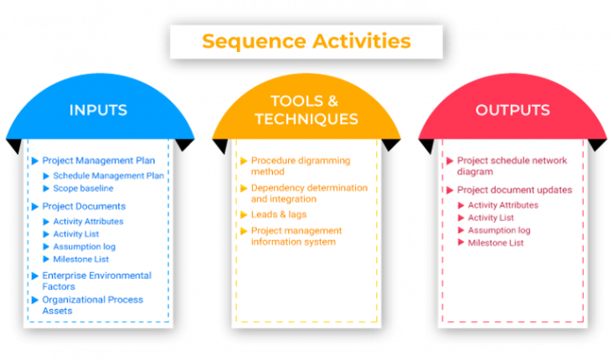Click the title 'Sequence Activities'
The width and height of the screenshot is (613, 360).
[x=306, y=41]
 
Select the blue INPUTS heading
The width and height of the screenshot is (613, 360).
[x=98, y=110]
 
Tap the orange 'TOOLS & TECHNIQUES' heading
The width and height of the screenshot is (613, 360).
[x=306, y=110]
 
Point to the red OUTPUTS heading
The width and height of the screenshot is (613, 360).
[x=513, y=110]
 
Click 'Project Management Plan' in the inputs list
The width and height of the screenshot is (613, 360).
[x=98, y=161]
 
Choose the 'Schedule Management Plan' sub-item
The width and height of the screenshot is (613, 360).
[x=108, y=175]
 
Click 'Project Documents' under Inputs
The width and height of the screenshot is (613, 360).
[x=84, y=206]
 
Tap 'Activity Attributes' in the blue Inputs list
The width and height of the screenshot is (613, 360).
[x=88, y=222]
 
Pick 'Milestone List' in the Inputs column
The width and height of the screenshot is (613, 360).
[x=83, y=259]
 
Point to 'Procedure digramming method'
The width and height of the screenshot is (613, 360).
[x=299, y=166]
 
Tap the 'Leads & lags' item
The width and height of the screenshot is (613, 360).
[x=278, y=214]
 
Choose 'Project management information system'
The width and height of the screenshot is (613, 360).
[x=296, y=236]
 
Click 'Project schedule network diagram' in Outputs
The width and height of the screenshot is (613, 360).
[x=512, y=166]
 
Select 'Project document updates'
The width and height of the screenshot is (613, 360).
[x=514, y=190]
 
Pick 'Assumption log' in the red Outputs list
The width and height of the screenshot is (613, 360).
[x=499, y=230]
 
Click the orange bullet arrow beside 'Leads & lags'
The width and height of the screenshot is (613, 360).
[x=243, y=215]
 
